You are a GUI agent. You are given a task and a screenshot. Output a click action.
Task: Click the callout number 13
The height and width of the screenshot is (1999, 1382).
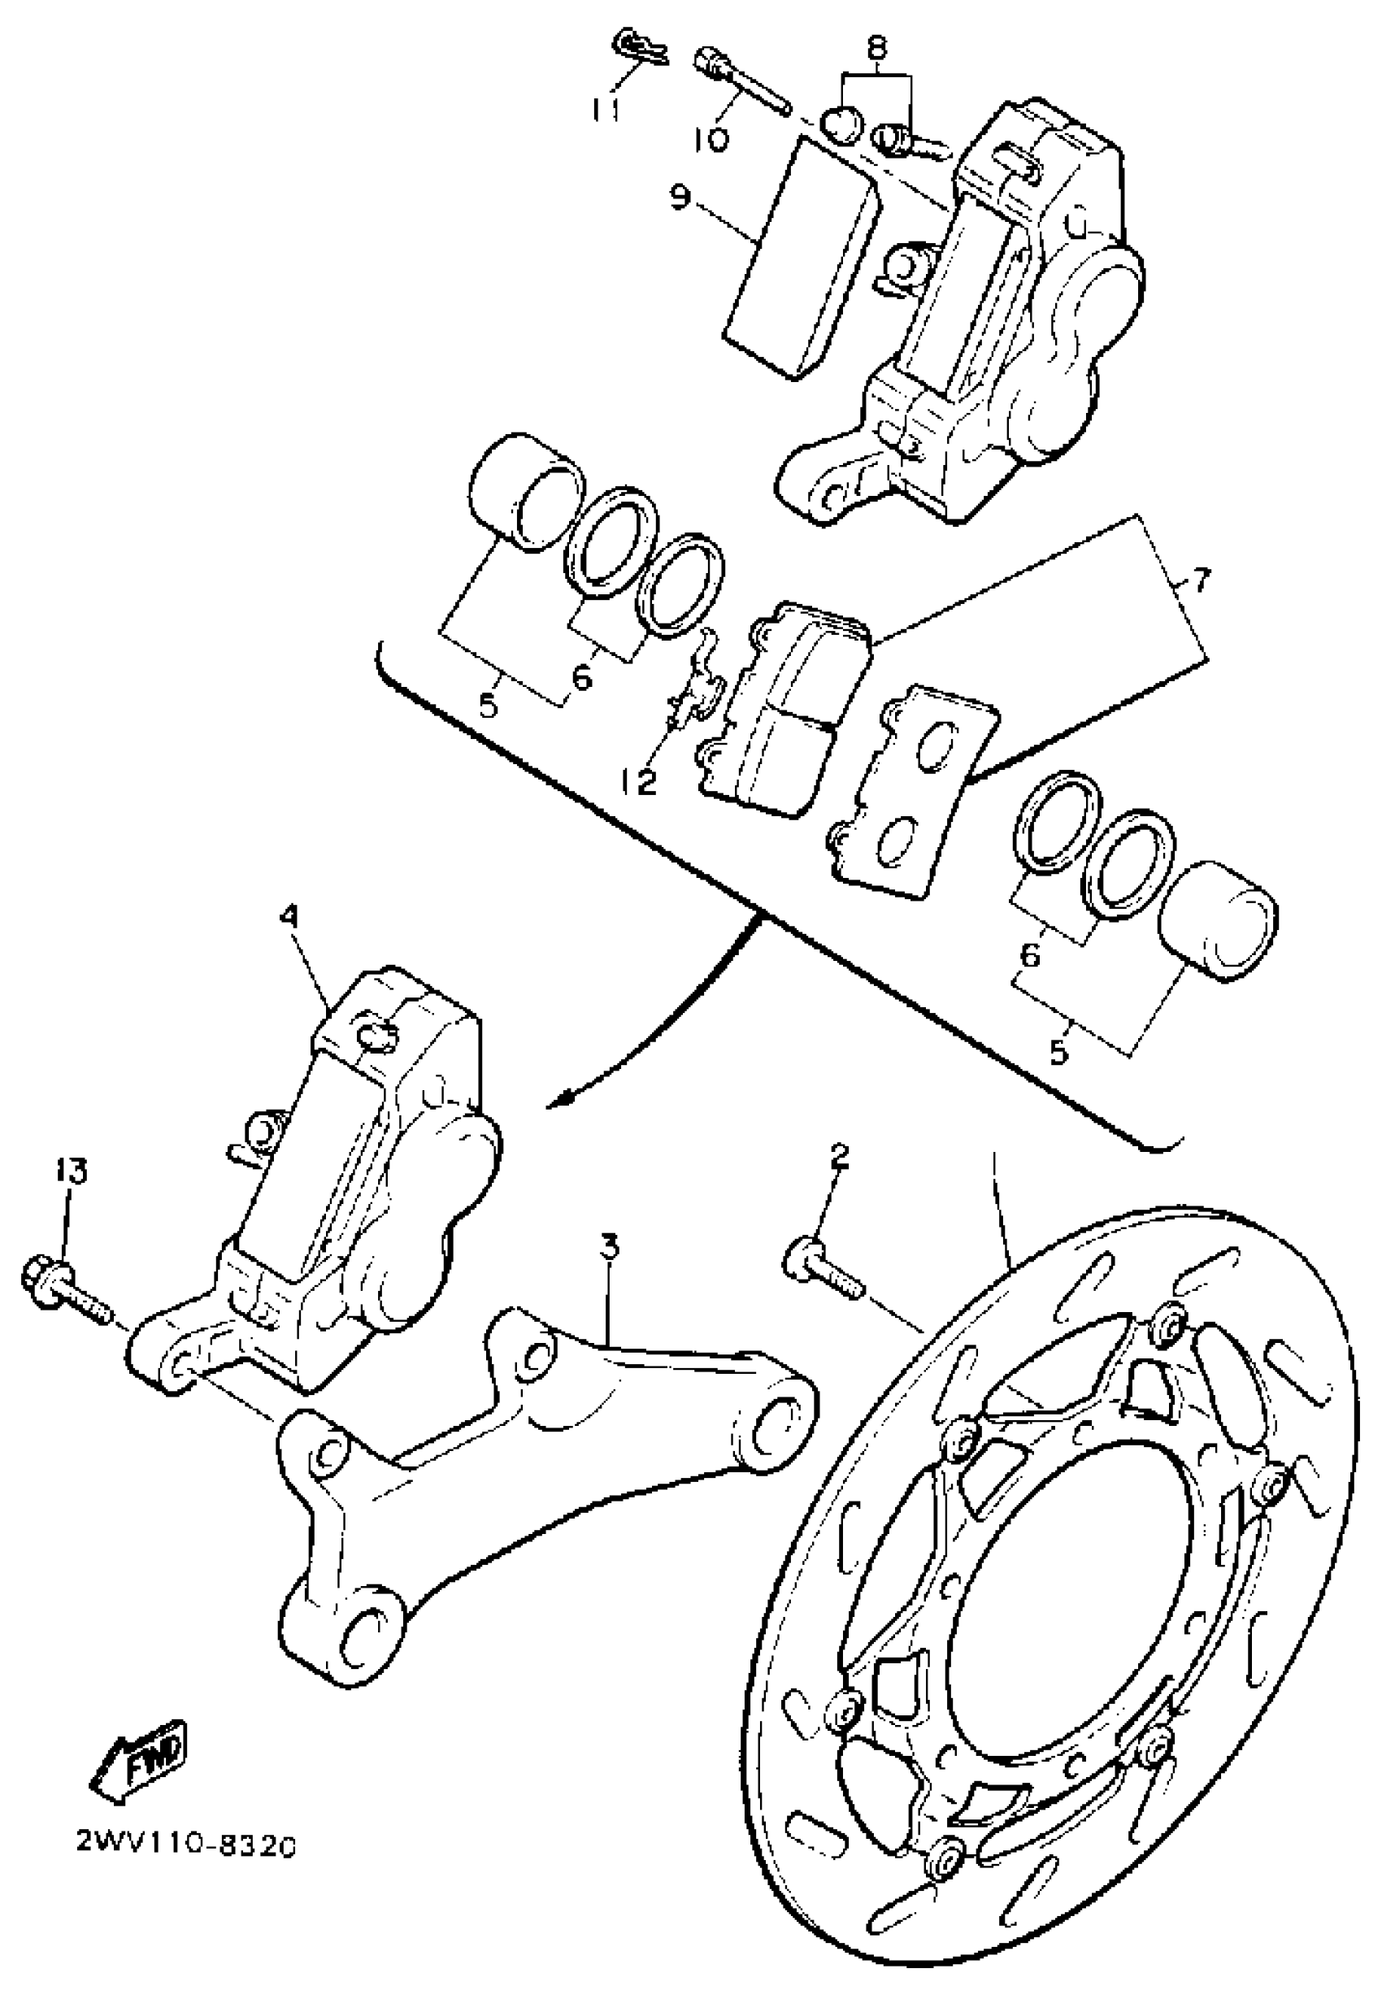coord(72,1172)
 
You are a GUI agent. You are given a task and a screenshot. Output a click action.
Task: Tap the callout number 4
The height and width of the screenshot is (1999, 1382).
coord(289,915)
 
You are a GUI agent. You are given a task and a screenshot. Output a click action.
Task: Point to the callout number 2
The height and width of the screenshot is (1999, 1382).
coord(838,1157)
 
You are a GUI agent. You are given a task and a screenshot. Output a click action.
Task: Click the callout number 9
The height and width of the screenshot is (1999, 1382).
coord(680,199)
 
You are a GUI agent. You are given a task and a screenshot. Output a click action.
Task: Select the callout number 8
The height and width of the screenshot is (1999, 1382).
coord(876,48)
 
